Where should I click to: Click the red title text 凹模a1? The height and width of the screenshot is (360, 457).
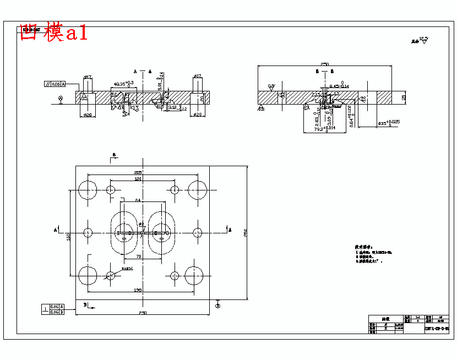click(x=53, y=32)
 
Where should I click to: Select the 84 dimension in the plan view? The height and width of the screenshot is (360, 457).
click(x=138, y=200)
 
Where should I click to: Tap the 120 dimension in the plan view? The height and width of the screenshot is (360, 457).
click(x=138, y=179)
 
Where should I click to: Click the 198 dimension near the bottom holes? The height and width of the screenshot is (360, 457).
click(x=138, y=290)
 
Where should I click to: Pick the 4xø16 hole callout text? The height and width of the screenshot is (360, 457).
click(x=128, y=270)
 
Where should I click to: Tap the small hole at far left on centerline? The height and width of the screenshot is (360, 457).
click(x=88, y=233)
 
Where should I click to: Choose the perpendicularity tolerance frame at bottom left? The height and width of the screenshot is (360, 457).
click(x=53, y=309)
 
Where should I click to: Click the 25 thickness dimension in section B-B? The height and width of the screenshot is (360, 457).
click(x=404, y=97)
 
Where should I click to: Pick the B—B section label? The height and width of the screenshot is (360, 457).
click(x=321, y=72)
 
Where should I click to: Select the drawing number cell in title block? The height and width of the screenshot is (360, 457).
click(x=437, y=329)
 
